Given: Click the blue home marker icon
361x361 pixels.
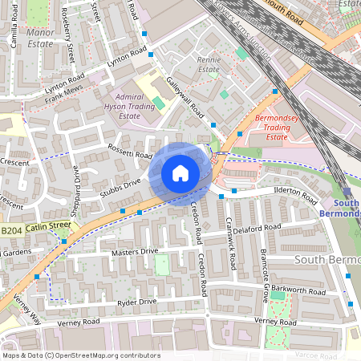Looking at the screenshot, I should (180, 173).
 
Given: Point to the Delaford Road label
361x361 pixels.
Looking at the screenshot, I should (258, 230).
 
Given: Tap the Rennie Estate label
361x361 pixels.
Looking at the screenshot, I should (209, 64).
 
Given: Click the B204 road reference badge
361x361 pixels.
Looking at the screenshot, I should (10, 230).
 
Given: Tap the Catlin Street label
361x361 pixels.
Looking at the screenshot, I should (48, 227).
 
